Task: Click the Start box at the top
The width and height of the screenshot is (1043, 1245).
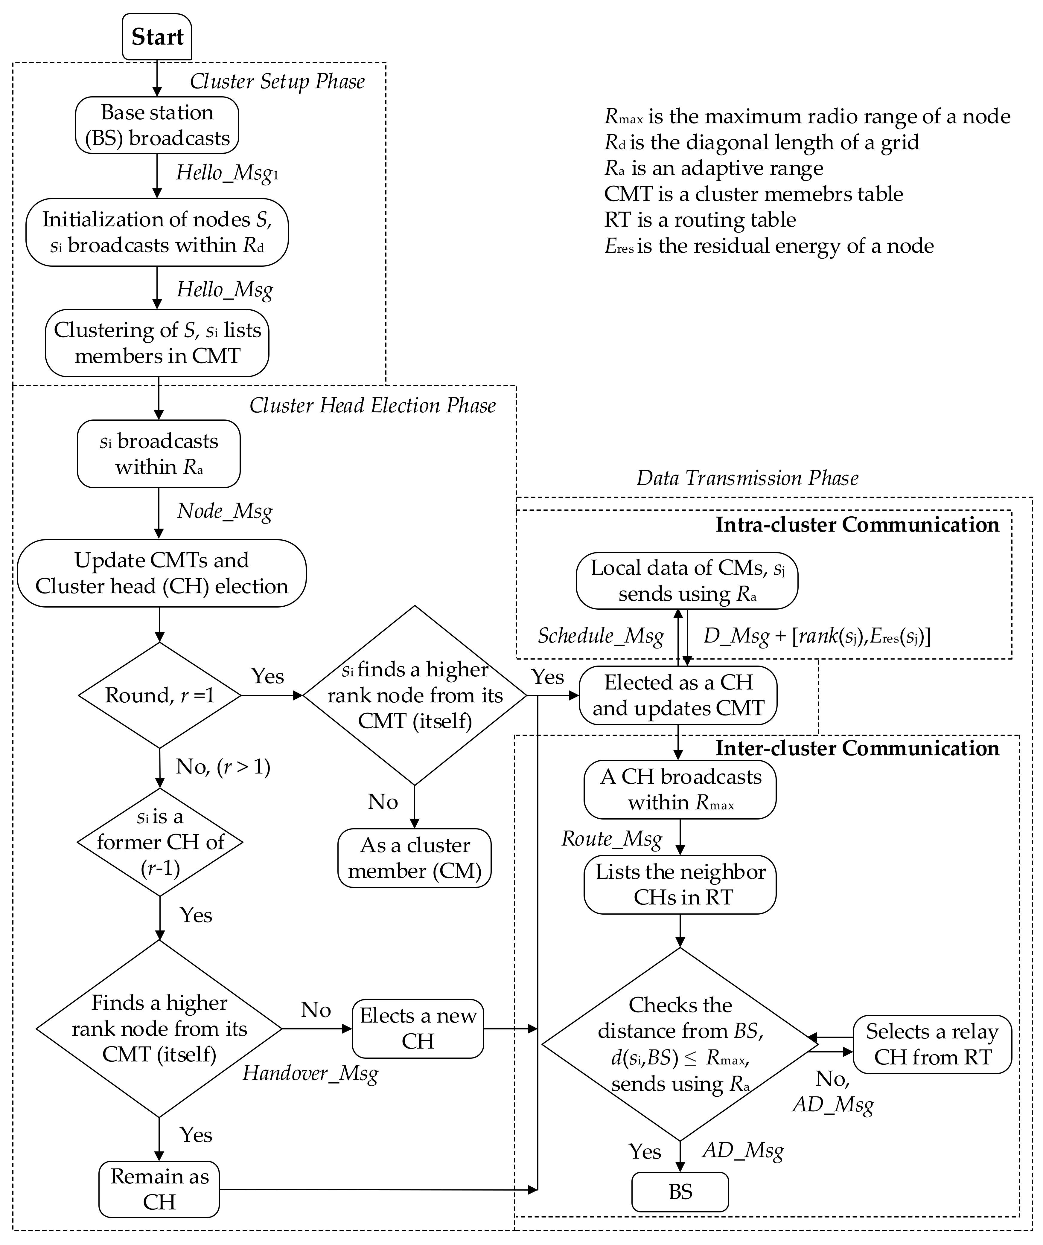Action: click(157, 37)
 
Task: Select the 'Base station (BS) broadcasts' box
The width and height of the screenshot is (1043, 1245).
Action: click(157, 125)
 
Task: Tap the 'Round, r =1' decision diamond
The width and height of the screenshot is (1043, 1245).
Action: click(159, 695)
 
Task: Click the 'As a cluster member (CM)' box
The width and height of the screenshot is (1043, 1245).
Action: click(415, 858)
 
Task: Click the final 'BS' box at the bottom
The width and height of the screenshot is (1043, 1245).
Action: click(680, 1192)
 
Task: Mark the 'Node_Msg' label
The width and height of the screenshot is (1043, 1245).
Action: click(225, 511)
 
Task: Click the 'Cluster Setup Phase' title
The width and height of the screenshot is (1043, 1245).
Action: click(277, 81)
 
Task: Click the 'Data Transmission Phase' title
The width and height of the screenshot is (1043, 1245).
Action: click(747, 478)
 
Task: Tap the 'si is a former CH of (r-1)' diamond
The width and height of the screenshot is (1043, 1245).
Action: click(160, 842)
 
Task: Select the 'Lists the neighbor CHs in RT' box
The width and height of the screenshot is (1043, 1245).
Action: click(680, 884)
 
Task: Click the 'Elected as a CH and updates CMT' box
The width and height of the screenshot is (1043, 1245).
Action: click(678, 695)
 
